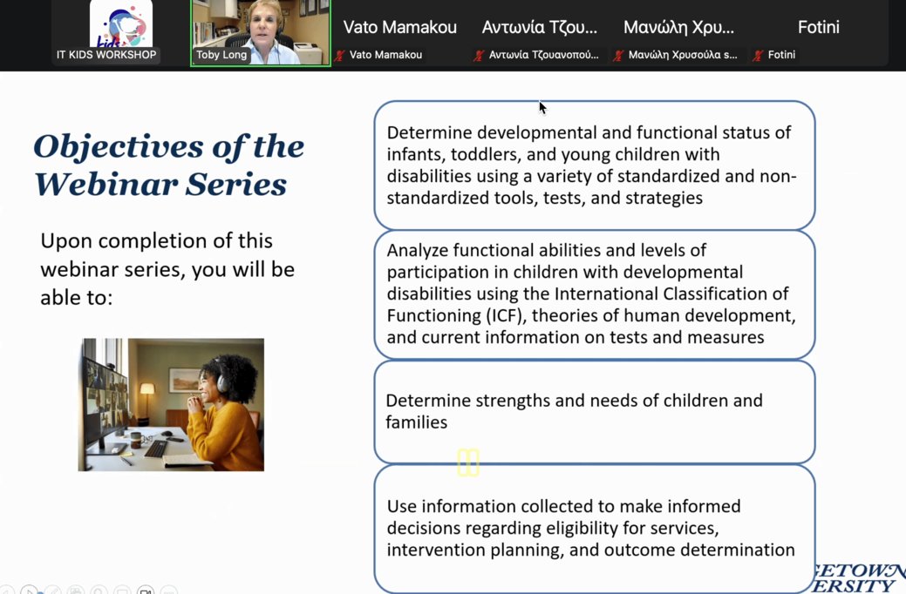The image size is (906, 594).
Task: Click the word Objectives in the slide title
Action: [x=119, y=147]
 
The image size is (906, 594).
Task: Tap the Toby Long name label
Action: [x=221, y=55]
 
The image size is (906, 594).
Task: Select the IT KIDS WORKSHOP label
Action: [x=106, y=55]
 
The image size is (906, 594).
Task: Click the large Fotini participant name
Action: [x=818, y=27]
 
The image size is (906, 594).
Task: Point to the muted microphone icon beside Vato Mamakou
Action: [x=340, y=56]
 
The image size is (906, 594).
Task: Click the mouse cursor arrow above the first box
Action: [x=542, y=107]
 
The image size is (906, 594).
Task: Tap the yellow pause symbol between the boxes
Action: [x=468, y=462]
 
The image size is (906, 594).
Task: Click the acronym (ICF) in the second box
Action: [x=506, y=316]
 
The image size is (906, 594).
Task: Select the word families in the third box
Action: [x=416, y=422]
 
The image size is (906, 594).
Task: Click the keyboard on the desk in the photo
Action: [x=155, y=448]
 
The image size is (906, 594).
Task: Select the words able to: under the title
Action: [x=76, y=298]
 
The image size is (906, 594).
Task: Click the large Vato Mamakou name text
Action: [x=400, y=27]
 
